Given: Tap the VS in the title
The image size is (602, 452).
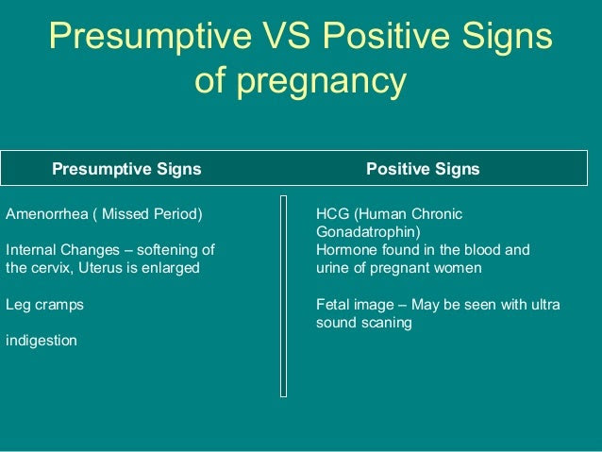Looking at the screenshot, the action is (286, 35).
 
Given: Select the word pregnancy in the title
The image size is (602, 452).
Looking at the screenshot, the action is (321, 82).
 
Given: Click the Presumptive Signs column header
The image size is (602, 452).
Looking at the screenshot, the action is (126, 169).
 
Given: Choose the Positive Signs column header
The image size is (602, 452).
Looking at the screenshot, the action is (423, 169).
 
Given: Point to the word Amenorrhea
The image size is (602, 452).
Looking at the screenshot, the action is (47, 213).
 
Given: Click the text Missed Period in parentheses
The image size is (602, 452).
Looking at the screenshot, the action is (152, 214).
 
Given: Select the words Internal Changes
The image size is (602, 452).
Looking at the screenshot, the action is (62, 250).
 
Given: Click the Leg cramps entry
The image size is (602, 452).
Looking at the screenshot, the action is (44, 305).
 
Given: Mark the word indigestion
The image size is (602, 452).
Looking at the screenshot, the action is (42, 341).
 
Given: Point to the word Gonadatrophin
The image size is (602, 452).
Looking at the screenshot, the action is (368, 232).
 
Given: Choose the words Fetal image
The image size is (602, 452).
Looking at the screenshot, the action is (355, 305).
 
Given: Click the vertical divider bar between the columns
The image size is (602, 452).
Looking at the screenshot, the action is (284, 296).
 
